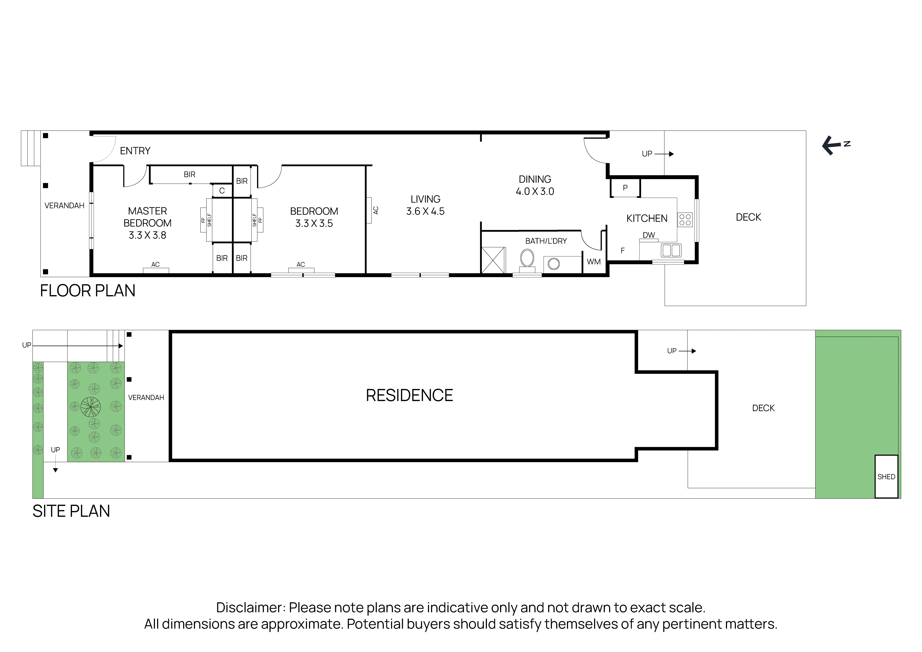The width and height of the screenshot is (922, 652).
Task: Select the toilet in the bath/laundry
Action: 527,259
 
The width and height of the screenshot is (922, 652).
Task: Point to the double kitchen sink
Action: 671,251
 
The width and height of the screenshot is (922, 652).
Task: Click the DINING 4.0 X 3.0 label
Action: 535,185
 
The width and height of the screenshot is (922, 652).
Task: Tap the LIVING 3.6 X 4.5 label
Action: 425,205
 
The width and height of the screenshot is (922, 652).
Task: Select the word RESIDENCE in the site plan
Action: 409,396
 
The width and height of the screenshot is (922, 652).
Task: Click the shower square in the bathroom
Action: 493,260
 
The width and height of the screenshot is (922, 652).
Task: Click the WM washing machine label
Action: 594,262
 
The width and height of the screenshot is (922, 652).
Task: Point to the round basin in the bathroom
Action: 554,264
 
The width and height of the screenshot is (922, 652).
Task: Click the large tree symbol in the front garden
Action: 91,407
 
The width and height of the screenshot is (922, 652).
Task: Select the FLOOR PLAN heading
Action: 88,291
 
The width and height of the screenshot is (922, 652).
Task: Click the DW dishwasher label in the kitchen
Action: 649,235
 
